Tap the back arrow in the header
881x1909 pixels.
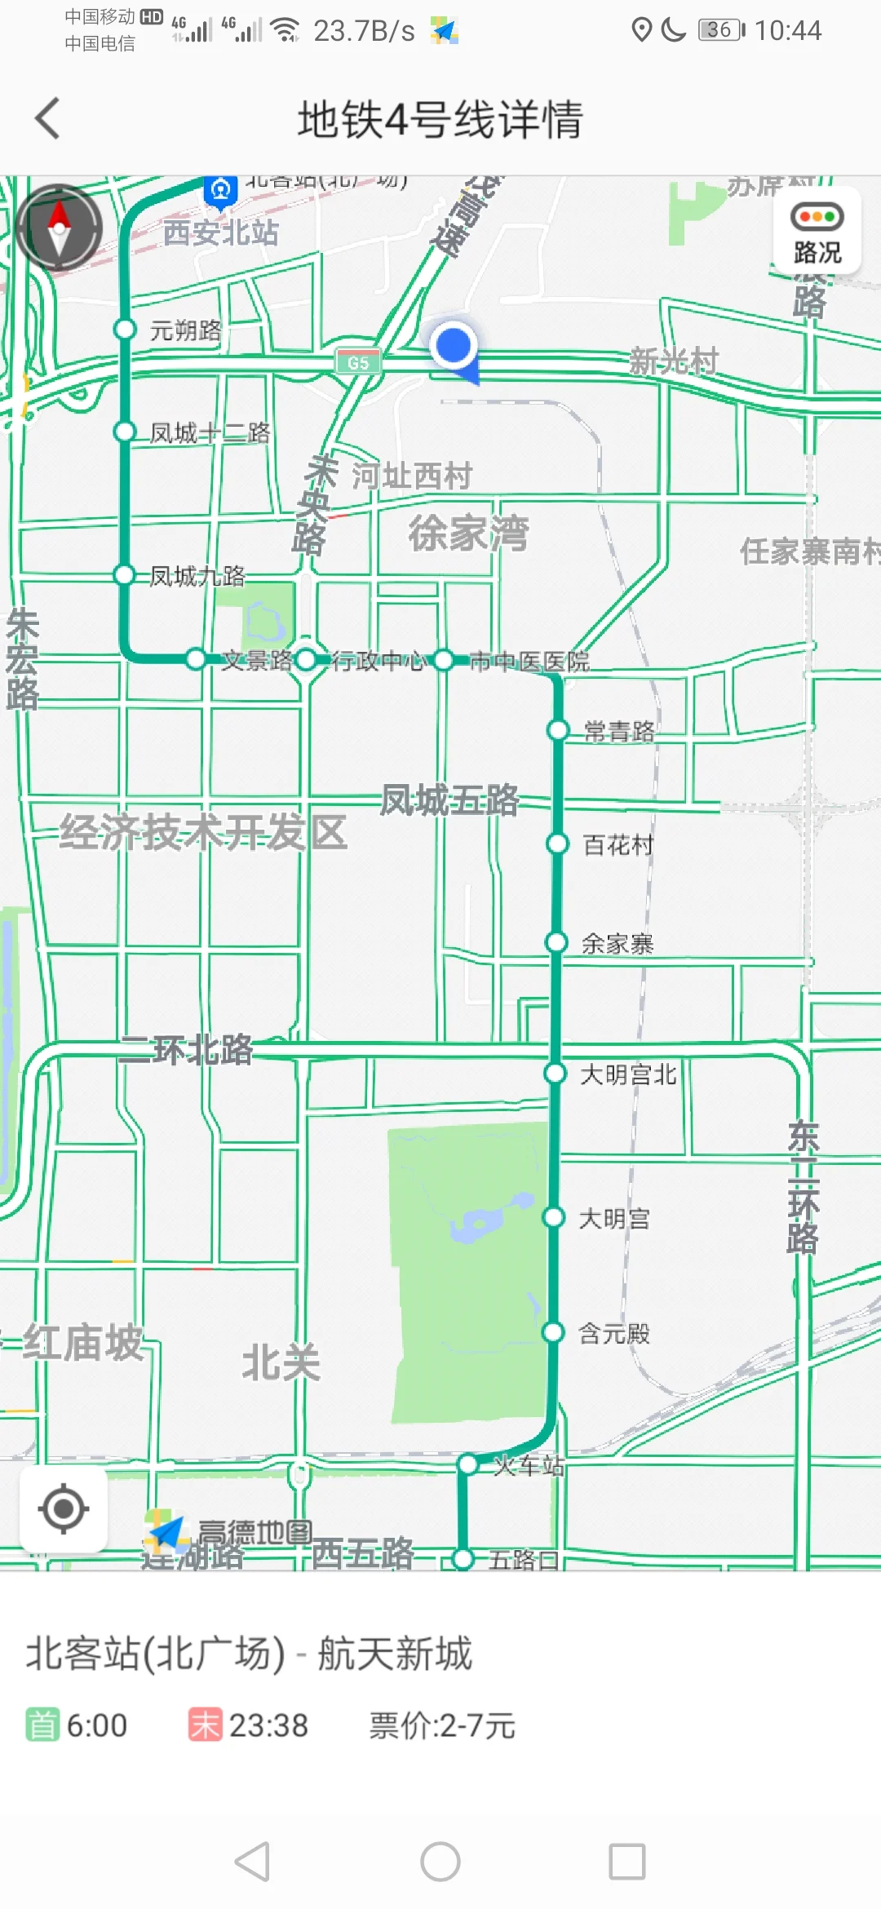pyautogui.click(x=48, y=118)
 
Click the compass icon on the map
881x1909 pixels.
pyautogui.click(x=59, y=228)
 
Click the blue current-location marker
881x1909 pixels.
pyautogui.click(x=454, y=346)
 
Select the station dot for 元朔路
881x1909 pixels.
pyautogui.click(x=125, y=329)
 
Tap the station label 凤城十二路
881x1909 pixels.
pyautogui.click(x=210, y=432)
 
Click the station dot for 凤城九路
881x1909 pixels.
pyautogui.click(x=124, y=575)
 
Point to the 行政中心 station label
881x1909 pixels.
pyautogui.click(x=379, y=661)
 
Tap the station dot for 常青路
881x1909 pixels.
pyautogui.click(x=558, y=729)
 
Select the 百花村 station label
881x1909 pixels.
pyautogui.click(x=618, y=845)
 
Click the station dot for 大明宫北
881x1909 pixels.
pyautogui.click(x=556, y=1073)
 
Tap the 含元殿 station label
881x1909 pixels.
pyautogui.click(x=614, y=1334)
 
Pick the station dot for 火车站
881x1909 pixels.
pyautogui.click(x=467, y=1464)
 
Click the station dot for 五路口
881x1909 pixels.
pyautogui.click(x=463, y=1559)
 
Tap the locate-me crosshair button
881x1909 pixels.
pyautogui.click(x=64, y=1508)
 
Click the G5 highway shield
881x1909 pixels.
pyautogui.click(x=358, y=362)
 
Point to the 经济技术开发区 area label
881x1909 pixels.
pyautogui.click(x=203, y=833)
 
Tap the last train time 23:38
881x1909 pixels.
pyautogui.click(x=268, y=1726)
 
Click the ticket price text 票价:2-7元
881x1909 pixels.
pyautogui.click(x=442, y=1726)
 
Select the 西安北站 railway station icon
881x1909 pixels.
pyautogui.click(x=220, y=191)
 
